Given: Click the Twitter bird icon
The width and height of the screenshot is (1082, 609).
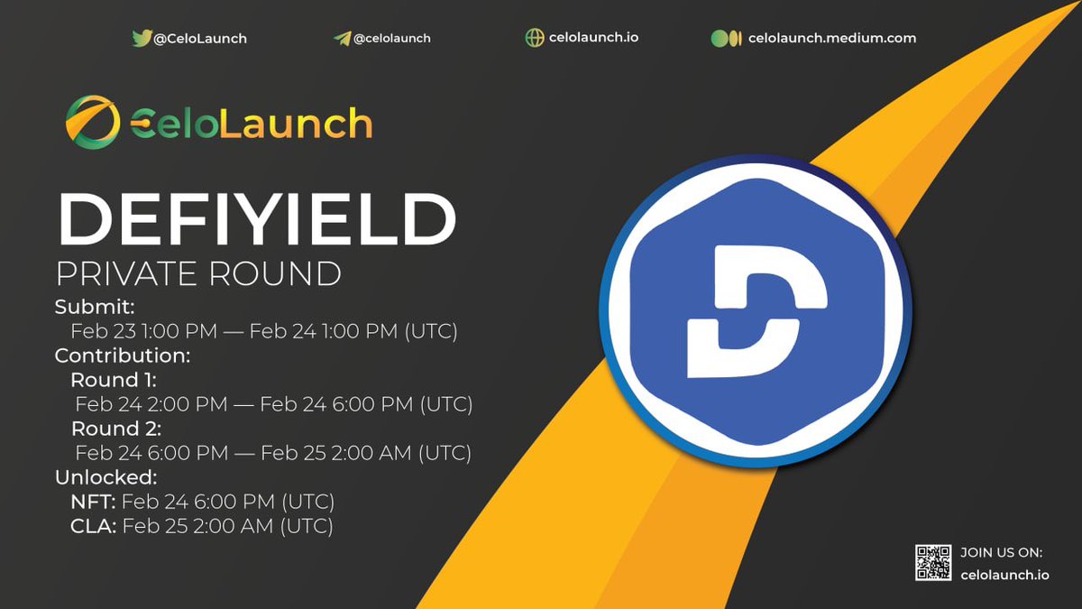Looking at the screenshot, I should (142, 38).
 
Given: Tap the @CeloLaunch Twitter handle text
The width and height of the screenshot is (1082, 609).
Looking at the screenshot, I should (199, 39).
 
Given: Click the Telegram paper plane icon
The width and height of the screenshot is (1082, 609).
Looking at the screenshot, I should (342, 39).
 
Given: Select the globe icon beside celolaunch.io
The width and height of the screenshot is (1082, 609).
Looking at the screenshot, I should (535, 38).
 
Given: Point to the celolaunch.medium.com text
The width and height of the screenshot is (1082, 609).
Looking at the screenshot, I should (831, 38).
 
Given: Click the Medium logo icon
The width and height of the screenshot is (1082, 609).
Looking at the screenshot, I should (726, 38).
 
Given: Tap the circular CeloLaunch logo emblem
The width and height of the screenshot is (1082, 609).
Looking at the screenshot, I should (92, 123).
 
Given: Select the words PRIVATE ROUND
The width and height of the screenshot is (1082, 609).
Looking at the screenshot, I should (198, 272).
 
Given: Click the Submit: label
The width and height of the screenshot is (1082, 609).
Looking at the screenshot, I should (95, 307).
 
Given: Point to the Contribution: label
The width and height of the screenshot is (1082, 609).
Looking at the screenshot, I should (123, 355).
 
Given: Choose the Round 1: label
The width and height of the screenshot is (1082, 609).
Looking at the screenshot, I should (114, 380).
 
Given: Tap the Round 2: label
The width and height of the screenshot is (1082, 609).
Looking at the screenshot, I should (116, 429).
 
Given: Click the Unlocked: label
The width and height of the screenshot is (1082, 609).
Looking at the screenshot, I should (106, 476).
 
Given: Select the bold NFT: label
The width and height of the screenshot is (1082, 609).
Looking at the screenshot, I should (93, 501).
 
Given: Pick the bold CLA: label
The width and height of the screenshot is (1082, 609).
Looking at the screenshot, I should (93, 525).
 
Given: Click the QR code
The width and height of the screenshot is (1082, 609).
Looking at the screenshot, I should (933, 563).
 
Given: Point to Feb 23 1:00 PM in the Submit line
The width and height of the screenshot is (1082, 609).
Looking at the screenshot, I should (144, 331).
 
